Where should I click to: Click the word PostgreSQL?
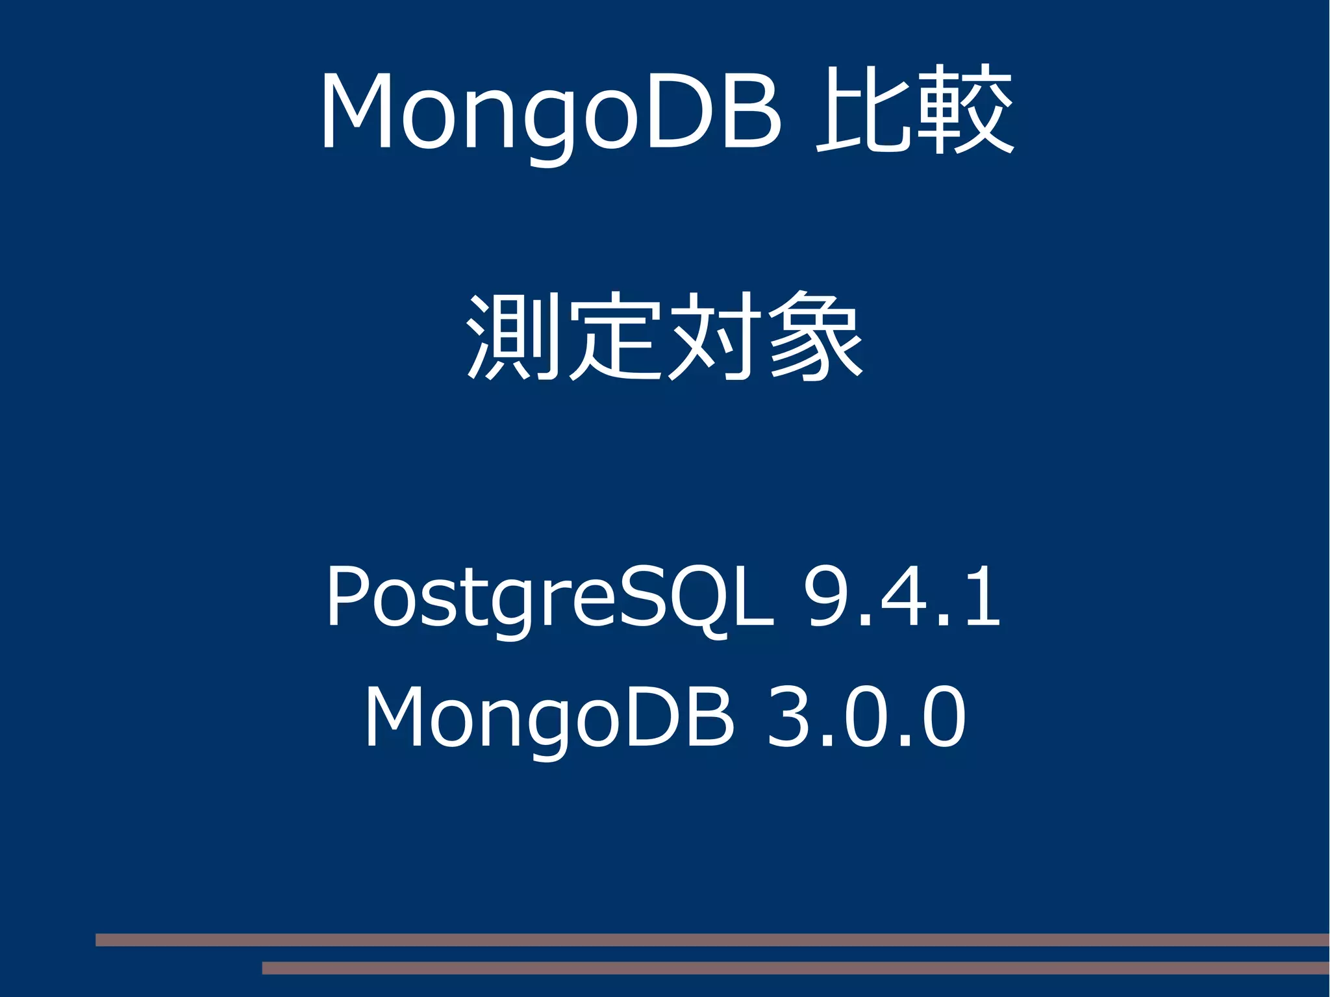pyautogui.click(x=549, y=596)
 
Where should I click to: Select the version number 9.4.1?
pyautogui.click(x=903, y=596)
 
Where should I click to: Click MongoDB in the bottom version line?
pyautogui.click(x=549, y=717)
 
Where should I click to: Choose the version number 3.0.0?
pyautogui.click(x=866, y=717)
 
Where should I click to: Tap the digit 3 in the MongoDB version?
pyautogui.click(x=790, y=717)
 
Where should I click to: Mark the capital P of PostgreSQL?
pyautogui.click(x=347, y=596)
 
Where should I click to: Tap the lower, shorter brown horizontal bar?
pyautogui.click(x=795, y=968)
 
